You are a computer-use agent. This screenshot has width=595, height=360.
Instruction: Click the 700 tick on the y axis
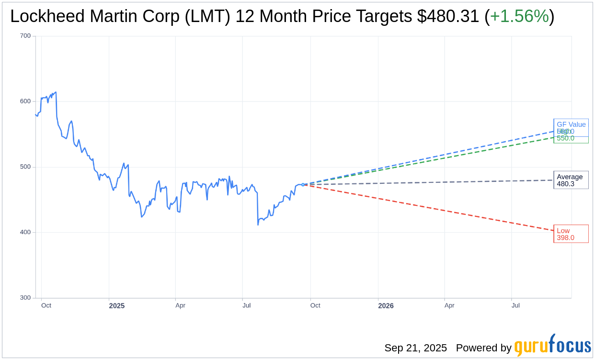[x=25, y=36]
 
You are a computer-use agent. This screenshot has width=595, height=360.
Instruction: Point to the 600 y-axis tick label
[x=25, y=101]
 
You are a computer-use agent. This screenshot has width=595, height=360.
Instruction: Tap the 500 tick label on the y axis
[x=25, y=167]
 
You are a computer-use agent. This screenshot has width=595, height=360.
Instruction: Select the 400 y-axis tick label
[x=25, y=232]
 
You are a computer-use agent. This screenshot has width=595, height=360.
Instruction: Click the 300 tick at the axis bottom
[x=25, y=298]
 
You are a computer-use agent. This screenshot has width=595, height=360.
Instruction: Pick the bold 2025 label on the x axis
[x=116, y=306]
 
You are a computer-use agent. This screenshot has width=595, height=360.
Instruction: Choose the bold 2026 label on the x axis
[x=386, y=306]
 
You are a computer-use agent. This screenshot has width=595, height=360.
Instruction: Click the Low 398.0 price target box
[x=571, y=234]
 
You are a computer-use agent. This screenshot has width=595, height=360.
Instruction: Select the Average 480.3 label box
[x=571, y=180]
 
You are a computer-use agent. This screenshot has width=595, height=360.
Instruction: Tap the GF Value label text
[x=571, y=124]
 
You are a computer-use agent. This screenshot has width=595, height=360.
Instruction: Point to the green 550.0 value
[x=565, y=138]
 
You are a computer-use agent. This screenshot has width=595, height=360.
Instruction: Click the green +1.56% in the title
[x=519, y=17]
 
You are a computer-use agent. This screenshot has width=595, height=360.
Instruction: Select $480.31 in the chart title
[x=448, y=17]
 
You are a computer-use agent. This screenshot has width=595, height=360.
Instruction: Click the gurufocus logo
[x=552, y=345]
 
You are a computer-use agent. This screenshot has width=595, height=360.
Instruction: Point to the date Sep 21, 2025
[x=415, y=348]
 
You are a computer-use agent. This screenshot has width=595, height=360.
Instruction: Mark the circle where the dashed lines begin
[x=303, y=184]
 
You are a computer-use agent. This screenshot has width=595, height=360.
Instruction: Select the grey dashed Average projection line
[x=431, y=182]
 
